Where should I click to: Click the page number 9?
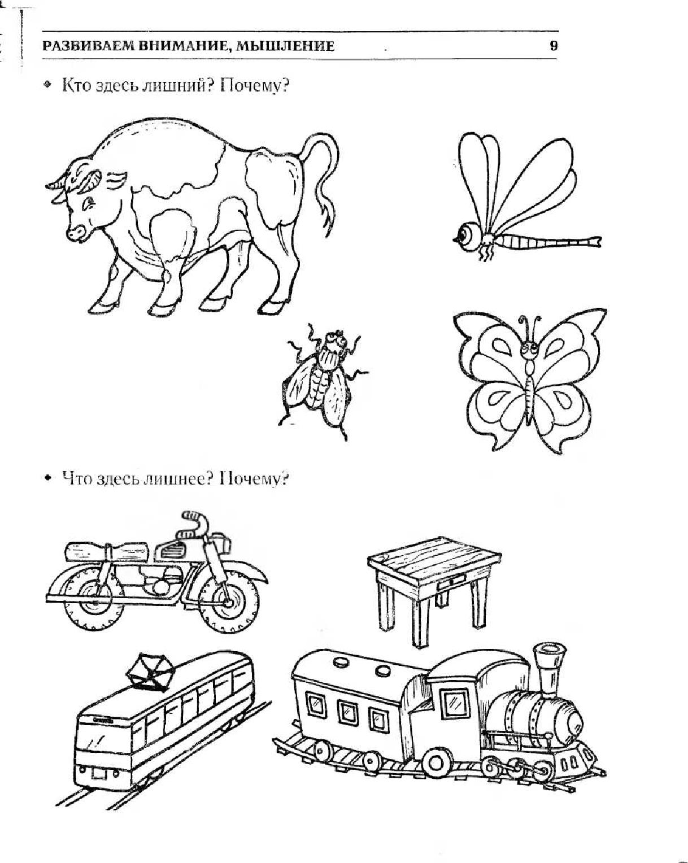553,46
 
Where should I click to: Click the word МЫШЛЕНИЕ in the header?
285,46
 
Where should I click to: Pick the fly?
323,381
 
